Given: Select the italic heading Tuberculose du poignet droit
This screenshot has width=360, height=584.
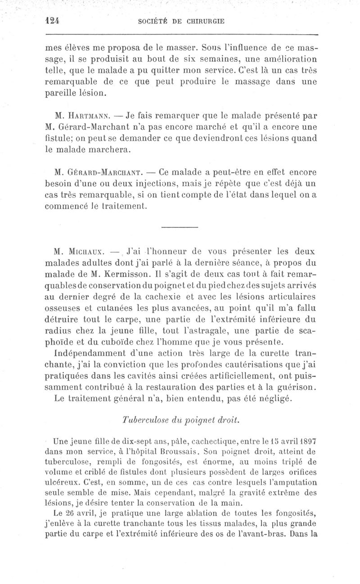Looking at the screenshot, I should point(180,420).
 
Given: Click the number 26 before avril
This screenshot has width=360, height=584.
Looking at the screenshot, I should point(70,513).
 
